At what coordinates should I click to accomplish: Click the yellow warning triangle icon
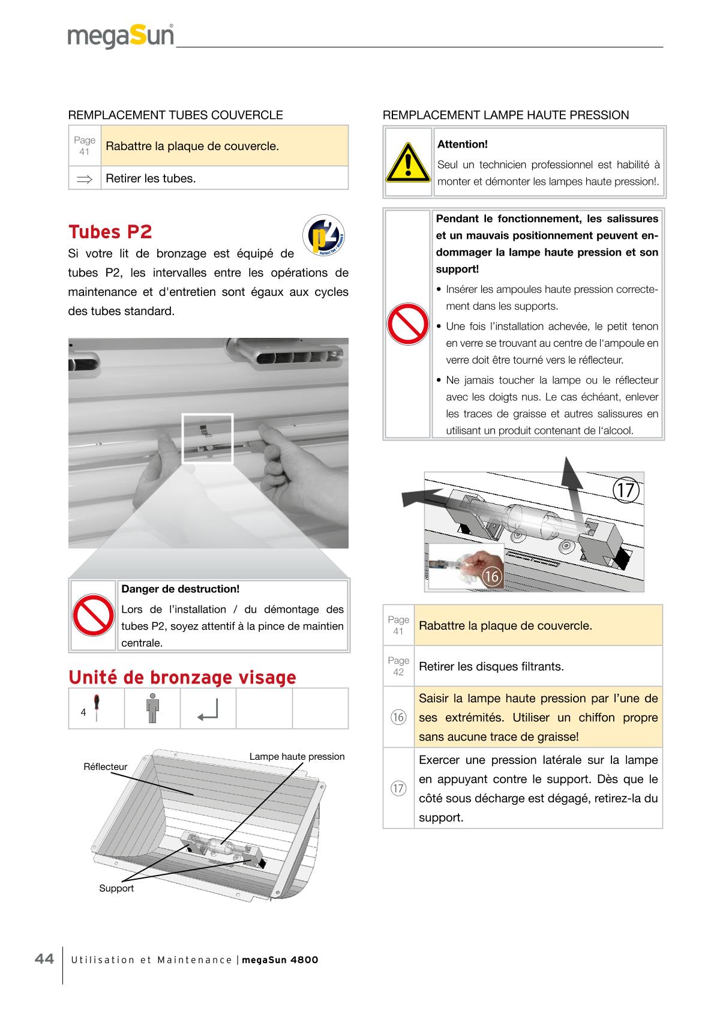408,162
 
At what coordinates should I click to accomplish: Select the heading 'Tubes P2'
110,232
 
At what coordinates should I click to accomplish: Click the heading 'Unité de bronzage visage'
182,678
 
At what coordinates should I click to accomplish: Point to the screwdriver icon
96,708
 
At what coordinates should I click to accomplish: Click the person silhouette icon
152,709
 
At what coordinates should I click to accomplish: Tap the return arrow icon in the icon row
208,709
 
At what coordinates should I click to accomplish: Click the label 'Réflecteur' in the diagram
106,767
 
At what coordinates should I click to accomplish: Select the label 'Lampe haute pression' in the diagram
297,757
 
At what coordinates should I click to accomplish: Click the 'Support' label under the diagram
116,889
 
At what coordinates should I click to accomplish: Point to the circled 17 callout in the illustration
626,490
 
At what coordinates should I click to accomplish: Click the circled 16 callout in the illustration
491,577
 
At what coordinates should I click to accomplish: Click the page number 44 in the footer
44,959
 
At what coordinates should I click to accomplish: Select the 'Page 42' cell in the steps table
398,666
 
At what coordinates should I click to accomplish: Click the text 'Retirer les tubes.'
151,178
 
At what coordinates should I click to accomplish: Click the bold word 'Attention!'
463,144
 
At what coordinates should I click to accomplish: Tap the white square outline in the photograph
208,438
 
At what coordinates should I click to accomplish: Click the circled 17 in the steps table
398,788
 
